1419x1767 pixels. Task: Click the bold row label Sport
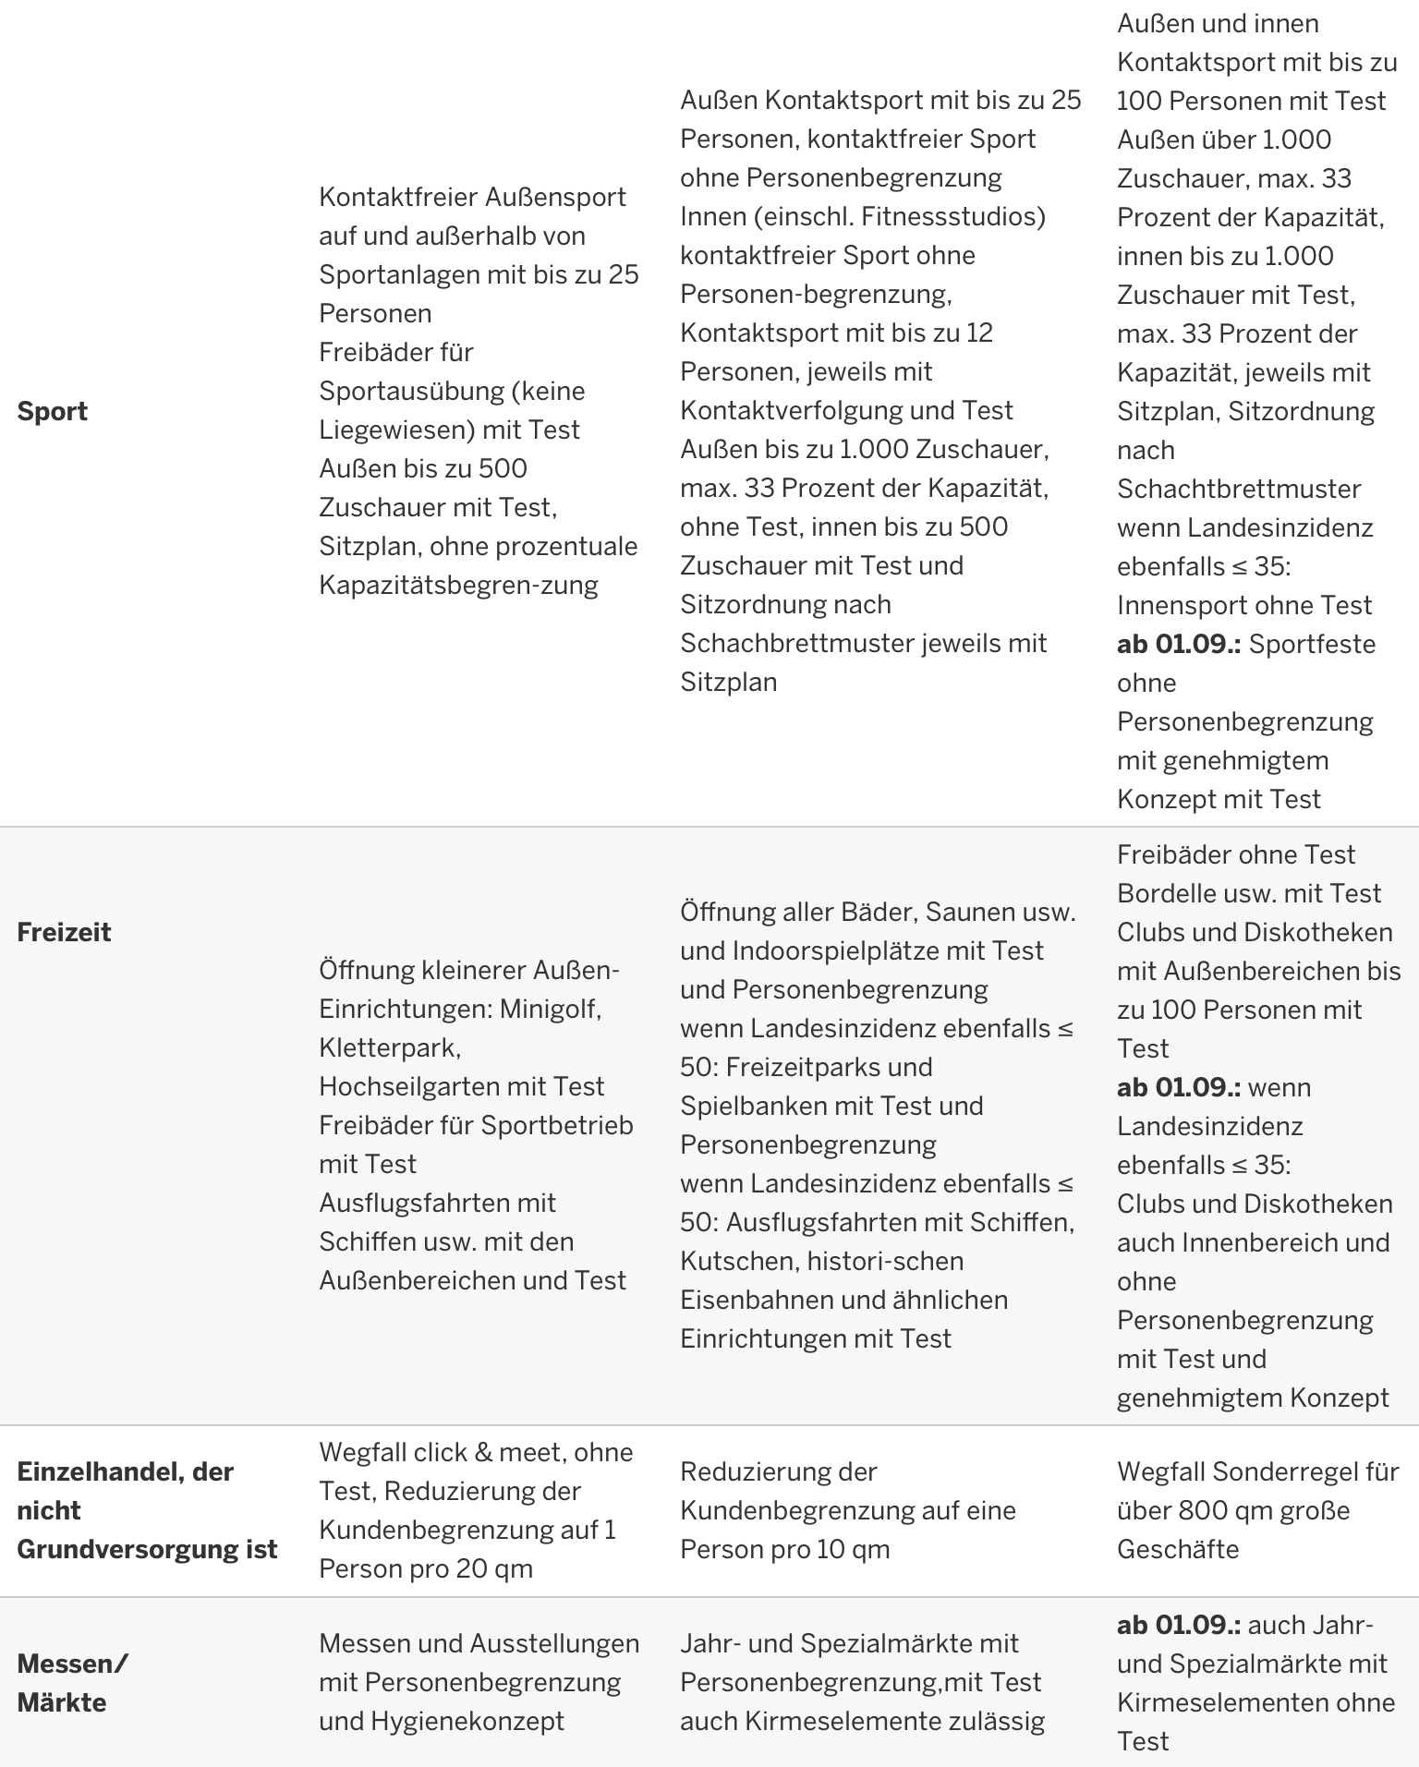pyautogui.click(x=52, y=411)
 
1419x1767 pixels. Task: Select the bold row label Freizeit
pyautogui.click(x=64, y=932)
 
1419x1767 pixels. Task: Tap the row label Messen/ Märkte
pyautogui.click(x=73, y=1683)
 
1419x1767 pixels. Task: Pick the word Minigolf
pyautogui.click(x=551, y=1009)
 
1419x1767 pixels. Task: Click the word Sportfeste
pyautogui.click(x=1312, y=644)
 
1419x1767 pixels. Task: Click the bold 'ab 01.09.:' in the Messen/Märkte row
pyautogui.click(x=1179, y=1625)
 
